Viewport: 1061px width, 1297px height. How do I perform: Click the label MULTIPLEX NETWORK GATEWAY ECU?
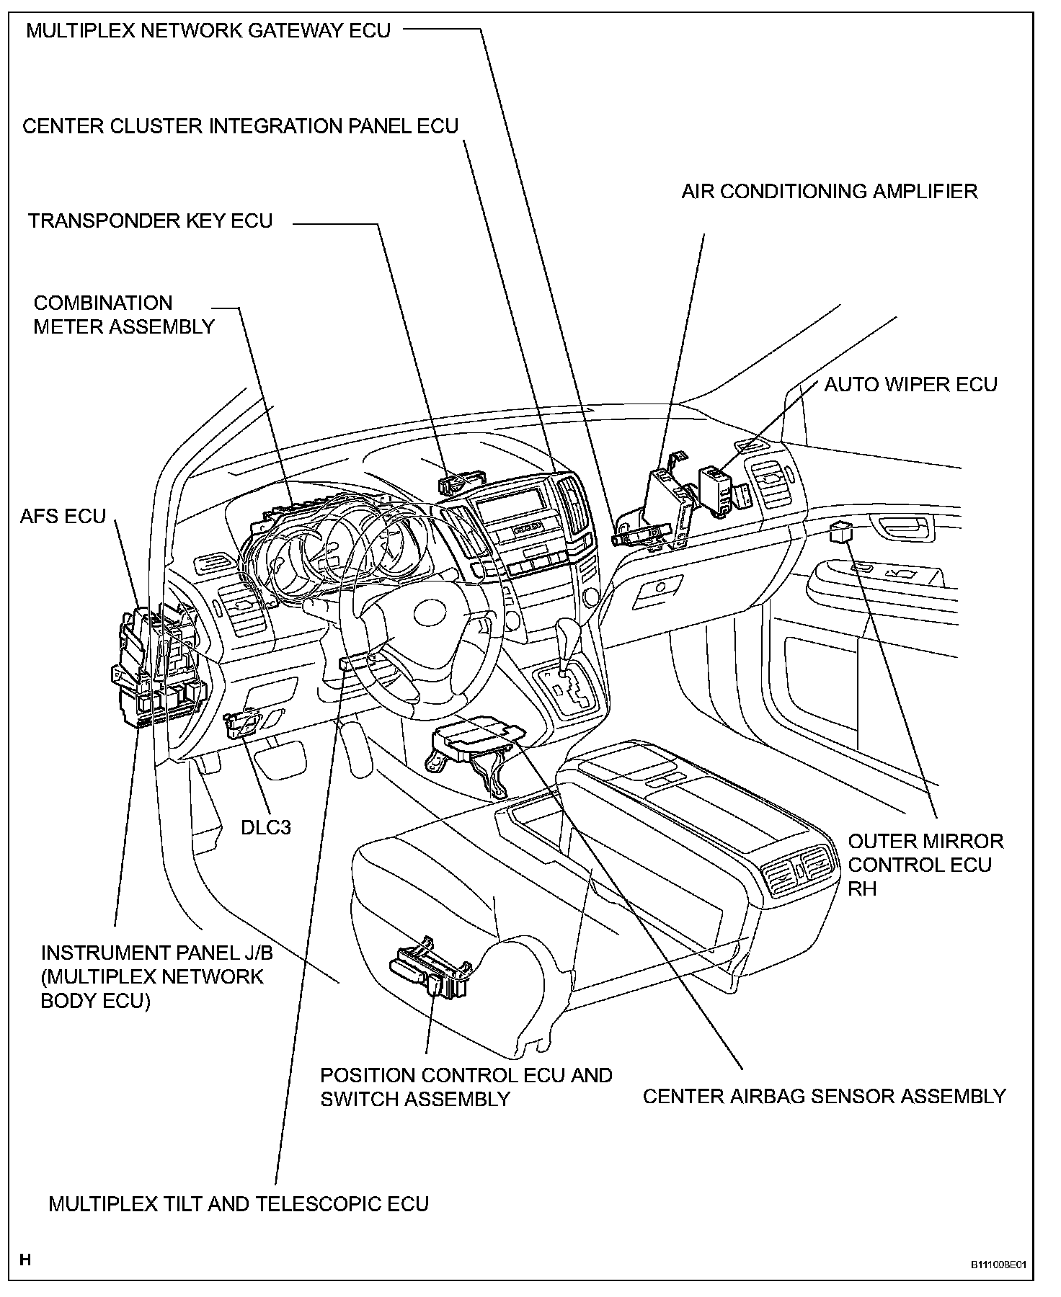point(208,31)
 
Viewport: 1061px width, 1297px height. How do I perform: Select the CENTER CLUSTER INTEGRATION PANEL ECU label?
point(241,126)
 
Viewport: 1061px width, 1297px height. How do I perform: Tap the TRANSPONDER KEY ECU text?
point(151,220)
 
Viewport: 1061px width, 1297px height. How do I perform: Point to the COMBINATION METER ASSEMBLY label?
point(124,315)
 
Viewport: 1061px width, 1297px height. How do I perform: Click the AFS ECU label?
point(63,516)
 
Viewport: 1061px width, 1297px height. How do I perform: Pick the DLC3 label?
point(266,826)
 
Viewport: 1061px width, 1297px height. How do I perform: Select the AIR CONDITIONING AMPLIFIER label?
point(830,191)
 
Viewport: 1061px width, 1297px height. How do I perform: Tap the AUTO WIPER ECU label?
point(910,384)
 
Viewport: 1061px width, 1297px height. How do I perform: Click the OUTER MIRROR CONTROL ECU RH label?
point(925,865)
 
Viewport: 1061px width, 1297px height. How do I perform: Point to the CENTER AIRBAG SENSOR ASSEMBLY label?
point(824,1096)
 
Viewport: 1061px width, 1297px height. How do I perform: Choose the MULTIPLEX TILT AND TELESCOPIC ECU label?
point(239,1203)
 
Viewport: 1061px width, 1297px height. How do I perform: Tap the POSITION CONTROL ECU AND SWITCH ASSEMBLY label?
point(466,1087)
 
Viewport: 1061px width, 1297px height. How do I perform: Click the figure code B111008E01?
point(998,1264)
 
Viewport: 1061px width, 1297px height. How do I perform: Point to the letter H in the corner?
point(25,1260)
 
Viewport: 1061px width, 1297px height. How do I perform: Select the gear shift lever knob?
point(569,634)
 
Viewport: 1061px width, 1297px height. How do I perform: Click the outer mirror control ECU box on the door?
point(841,532)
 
